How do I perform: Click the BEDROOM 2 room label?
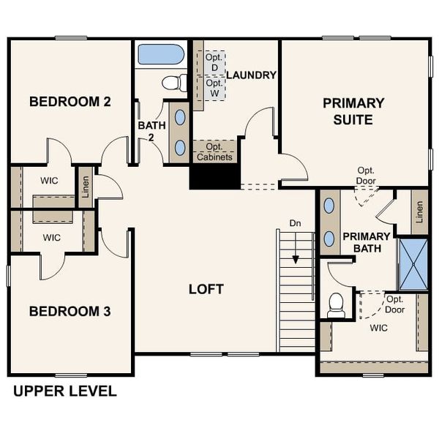point(70,102)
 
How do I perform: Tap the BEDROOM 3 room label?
point(70,312)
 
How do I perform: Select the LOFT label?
point(206,289)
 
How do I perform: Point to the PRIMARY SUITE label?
point(353,110)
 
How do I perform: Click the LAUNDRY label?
point(251,75)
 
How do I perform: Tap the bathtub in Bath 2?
point(160,54)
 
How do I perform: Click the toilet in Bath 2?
point(173,83)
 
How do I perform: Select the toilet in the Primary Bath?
point(336,304)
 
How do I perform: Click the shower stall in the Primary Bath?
point(413,263)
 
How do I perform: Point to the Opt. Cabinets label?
point(214,151)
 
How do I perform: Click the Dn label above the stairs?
point(295,222)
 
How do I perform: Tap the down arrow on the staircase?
point(296,258)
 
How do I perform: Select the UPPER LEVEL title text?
point(64,391)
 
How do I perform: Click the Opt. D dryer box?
point(214,63)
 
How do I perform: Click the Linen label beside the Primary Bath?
point(419,212)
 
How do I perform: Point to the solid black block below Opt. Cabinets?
point(214,176)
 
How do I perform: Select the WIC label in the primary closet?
point(378,327)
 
